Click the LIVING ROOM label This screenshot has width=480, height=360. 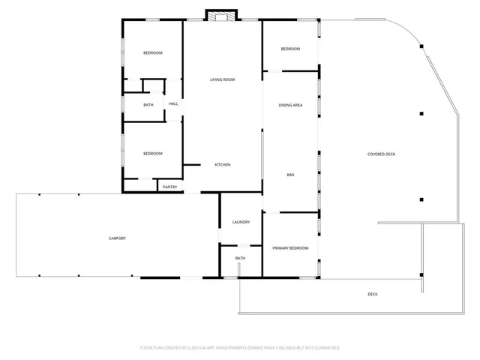[223, 79]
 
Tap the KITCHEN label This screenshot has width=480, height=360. [223, 165]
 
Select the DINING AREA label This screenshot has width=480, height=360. [290, 105]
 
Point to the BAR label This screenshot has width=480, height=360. [290, 175]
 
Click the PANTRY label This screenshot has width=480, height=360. [169, 187]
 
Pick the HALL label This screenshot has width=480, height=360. [173, 104]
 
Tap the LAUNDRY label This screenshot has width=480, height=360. [241, 222]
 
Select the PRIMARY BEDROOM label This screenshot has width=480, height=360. [290, 247]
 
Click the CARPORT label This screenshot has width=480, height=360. [117, 238]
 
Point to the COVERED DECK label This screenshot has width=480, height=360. [381, 154]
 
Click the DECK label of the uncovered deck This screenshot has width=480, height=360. [373, 294]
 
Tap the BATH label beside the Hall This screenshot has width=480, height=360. [148, 104]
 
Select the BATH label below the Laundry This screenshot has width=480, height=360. [240, 258]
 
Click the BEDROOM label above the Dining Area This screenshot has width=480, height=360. [290, 49]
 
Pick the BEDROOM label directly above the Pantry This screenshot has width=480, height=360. [152, 154]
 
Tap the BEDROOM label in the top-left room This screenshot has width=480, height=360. [152, 52]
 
